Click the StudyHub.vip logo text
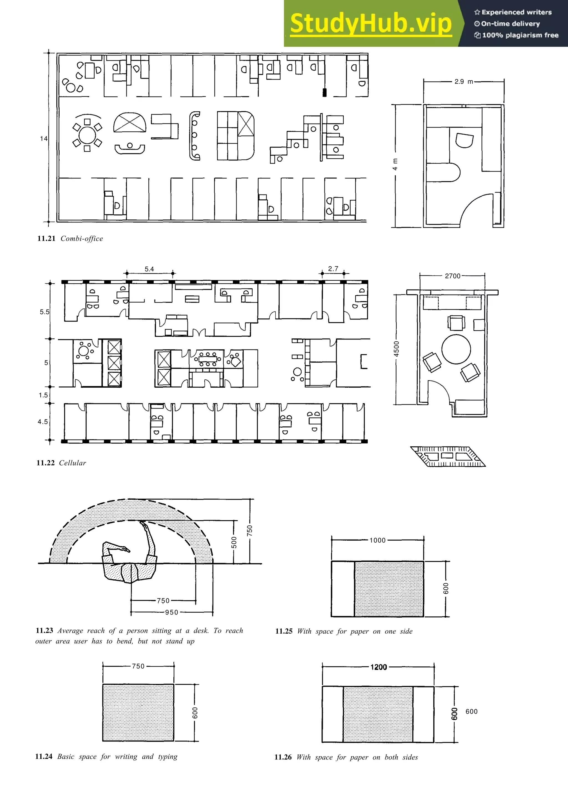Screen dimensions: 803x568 (x=371, y=24)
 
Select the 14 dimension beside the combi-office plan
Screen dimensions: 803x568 (x=43, y=139)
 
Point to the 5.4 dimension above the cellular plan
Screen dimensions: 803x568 (x=149, y=269)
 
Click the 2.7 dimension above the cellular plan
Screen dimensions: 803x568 (x=333, y=268)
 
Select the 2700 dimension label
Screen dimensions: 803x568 (x=453, y=276)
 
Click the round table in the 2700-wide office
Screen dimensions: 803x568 (x=456, y=349)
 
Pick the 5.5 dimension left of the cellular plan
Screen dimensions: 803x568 (x=44, y=312)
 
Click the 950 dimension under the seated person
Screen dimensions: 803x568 (x=171, y=612)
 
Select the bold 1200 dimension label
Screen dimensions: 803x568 (x=379, y=667)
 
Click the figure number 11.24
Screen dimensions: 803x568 (x=44, y=756)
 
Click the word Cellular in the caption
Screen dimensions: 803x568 (x=72, y=463)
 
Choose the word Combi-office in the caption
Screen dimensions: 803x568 (x=82, y=239)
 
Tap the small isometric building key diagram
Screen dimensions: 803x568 (x=448, y=456)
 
